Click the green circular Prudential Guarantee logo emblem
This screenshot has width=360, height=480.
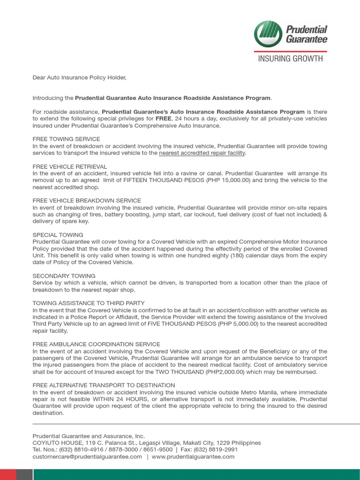click(269, 34)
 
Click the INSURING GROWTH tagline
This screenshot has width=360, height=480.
click(291, 59)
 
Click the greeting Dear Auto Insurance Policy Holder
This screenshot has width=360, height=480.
click(80, 77)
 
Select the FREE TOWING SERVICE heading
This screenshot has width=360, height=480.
click(66, 139)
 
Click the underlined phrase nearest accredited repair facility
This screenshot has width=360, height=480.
click(202, 153)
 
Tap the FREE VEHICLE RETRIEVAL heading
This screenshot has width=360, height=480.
click(70, 166)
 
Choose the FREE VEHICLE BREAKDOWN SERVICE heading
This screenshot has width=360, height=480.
click(87, 201)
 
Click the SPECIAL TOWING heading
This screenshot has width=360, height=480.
click(58, 235)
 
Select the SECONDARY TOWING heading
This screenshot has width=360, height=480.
click(64, 276)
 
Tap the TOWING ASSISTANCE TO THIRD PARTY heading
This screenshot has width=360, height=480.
click(89, 303)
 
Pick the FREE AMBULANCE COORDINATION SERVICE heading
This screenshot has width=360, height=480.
click(96, 344)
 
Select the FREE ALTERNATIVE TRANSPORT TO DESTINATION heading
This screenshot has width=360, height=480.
click(104, 385)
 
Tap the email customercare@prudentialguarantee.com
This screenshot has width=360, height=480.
click(87, 457)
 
